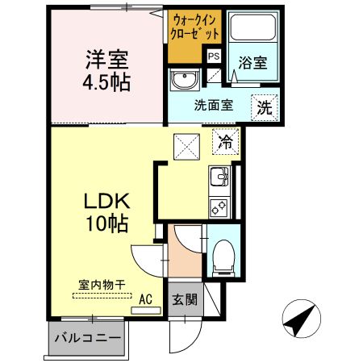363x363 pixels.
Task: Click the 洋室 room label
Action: pyautogui.click(x=107, y=59)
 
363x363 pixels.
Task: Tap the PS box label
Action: pyautogui.click(x=214, y=56)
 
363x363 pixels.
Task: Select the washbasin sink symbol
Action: pyautogui.click(x=184, y=81)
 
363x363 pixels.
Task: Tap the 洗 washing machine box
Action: pyautogui.click(x=265, y=104)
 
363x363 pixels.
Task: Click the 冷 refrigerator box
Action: pyautogui.click(x=226, y=143)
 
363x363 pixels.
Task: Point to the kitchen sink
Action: pyautogui.click(x=219, y=177)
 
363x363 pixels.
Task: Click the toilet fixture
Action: pyautogui.click(x=222, y=254)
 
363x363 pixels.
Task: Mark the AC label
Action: pyautogui.click(x=146, y=298)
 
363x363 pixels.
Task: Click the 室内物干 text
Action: pyautogui.click(x=101, y=284)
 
